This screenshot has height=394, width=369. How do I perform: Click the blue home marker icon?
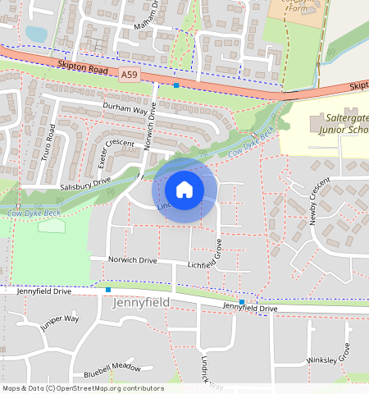point(184,190)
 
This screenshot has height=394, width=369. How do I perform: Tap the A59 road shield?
point(129,75)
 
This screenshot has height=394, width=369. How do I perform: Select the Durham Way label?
point(125,108)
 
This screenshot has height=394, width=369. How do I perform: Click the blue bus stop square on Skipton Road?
point(175,85)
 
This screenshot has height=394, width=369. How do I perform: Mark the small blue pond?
point(36,34)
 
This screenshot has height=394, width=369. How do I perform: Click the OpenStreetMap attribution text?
point(83,388)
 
